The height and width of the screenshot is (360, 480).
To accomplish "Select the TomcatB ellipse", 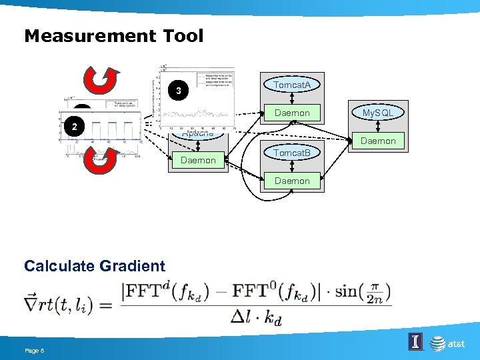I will [x=292, y=153].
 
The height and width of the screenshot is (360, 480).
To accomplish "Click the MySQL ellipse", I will [x=379, y=113].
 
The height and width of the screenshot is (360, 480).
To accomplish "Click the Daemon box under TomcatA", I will [x=292, y=113].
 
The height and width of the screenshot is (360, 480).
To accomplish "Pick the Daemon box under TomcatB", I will [x=292, y=181].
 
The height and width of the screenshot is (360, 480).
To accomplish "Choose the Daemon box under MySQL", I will [x=379, y=141].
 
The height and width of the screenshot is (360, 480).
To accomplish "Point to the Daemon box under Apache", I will [x=198, y=160].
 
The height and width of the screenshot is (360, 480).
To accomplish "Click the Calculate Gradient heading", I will [x=95, y=266].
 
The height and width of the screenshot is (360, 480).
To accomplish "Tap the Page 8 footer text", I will [x=34, y=351].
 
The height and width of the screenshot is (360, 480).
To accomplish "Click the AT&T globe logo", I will [x=438, y=343].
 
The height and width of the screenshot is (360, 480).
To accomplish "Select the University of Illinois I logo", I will [x=415, y=343].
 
